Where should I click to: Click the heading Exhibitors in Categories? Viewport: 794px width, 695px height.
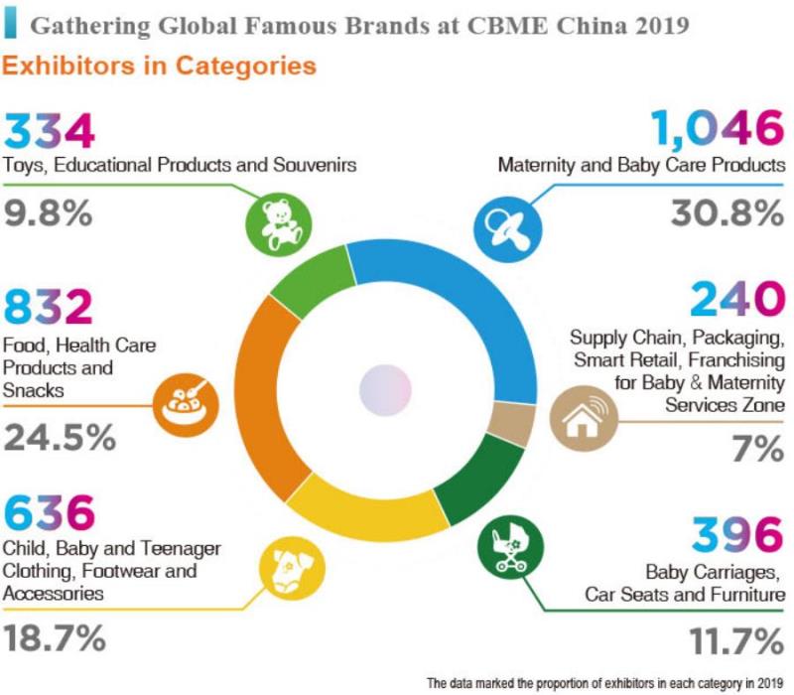[x=159, y=67]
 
